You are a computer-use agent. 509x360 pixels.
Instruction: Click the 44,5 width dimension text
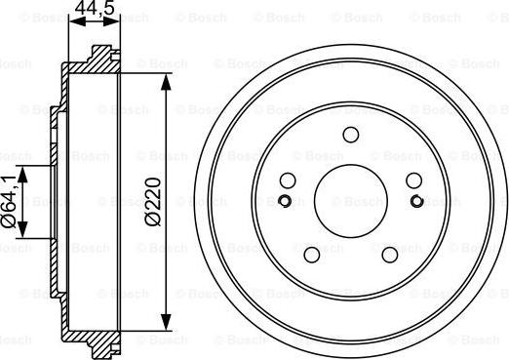[95, 7]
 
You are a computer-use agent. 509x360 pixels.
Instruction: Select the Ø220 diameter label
[153, 202]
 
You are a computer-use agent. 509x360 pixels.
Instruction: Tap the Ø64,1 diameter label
[9, 201]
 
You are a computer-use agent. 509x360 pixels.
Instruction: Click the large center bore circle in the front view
[351, 201]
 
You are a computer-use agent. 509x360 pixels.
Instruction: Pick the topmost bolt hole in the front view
[351, 135]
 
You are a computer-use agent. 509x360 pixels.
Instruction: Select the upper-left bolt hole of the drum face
[288, 180]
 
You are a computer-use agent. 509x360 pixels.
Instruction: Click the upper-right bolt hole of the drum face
[414, 180]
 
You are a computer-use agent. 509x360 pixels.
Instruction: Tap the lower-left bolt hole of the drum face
[312, 255]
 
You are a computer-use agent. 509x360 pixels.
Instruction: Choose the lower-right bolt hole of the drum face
[390, 255]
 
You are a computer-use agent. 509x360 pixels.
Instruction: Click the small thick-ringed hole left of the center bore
[285, 201]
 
